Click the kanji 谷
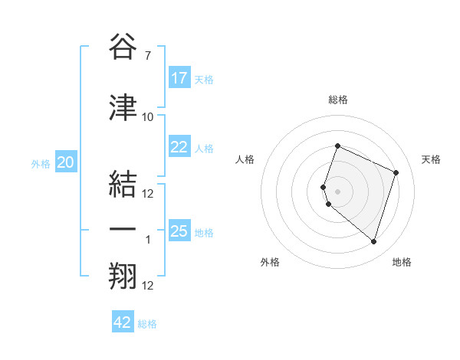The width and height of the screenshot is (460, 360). tap(123, 47)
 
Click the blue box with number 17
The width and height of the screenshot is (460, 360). tap(179, 78)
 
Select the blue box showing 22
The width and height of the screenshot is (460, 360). tap(179, 147)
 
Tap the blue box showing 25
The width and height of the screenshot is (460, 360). tap(179, 231)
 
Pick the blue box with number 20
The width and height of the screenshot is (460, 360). tap(66, 162)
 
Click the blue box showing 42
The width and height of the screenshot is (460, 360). tap(123, 322)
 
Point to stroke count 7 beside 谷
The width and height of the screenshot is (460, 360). tap(147, 56)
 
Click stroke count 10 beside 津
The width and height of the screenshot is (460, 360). tap(148, 116)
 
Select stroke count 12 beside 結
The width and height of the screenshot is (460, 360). tap(148, 193)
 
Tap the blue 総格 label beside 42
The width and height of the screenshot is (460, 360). tap(147, 324)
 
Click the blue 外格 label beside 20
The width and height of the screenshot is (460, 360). tap(41, 164)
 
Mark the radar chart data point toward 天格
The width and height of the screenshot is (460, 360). tap(396, 172)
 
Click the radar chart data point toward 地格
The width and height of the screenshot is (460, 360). tap(373, 241)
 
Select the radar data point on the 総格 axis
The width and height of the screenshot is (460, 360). tap(337, 146)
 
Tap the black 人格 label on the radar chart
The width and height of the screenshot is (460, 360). tap(245, 159)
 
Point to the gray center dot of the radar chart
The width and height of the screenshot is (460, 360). tap(337, 191)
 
